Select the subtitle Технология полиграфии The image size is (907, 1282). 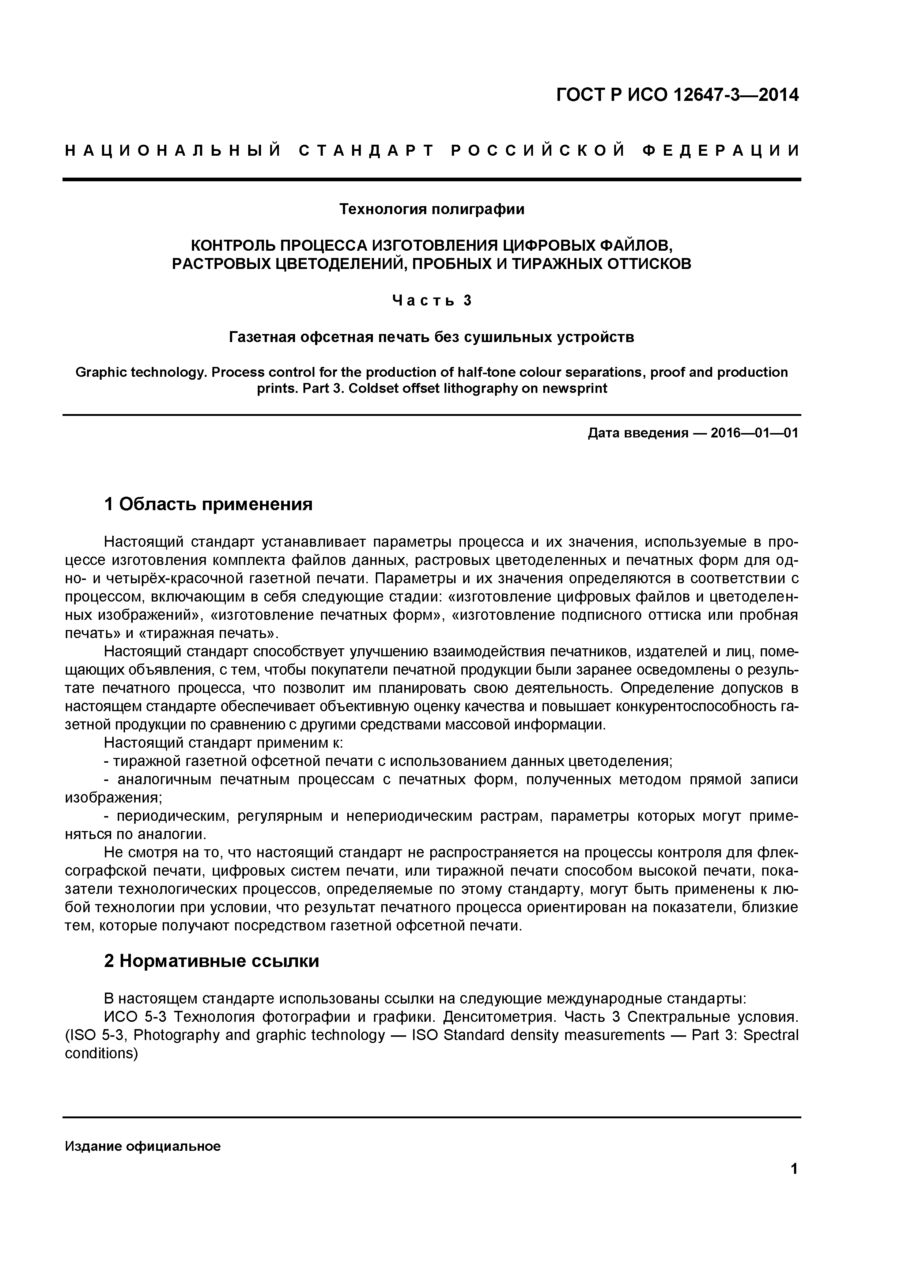[432, 209]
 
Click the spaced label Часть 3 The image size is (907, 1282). [432, 301]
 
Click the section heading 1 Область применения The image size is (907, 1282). [208, 505]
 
